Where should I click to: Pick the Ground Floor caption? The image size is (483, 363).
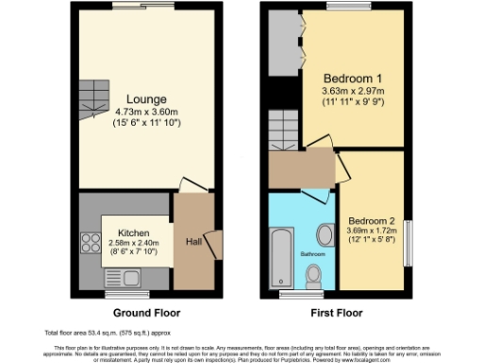[x=147, y=312]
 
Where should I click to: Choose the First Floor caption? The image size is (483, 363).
[x=337, y=312]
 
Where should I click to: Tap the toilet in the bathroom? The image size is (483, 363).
[x=314, y=275]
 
